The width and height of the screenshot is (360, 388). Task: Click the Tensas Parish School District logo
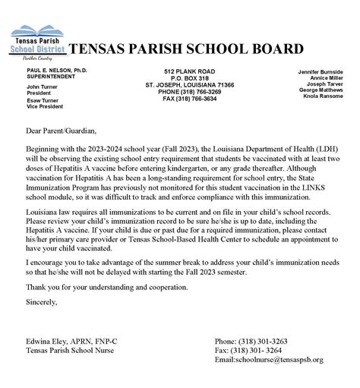pyautogui.click(x=39, y=46)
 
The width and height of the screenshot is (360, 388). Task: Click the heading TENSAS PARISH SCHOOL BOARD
pyautogui.click(x=186, y=49)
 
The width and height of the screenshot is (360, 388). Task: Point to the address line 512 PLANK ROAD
pyautogui.click(x=181, y=71)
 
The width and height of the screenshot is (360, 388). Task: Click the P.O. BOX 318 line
pyautogui.click(x=181, y=77)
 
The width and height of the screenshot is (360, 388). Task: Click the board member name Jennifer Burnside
pyautogui.click(x=326, y=70)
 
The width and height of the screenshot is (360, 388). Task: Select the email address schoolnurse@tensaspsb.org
pyautogui.click(x=283, y=359)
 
